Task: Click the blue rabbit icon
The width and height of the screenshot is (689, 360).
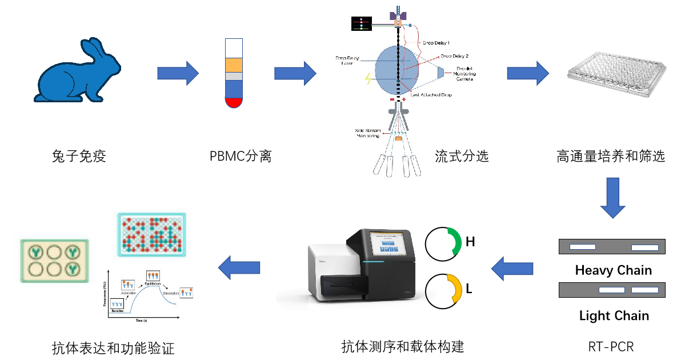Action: tap(77, 71)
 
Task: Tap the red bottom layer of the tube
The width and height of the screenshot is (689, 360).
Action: tap(234, 103)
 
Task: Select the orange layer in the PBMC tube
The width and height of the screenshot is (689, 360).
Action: tap(234, 65)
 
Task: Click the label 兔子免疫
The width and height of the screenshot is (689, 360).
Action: tap(79, 155)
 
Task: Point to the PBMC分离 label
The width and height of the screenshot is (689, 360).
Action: tap(240, 155)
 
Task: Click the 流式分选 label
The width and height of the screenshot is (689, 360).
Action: tap(462, 155)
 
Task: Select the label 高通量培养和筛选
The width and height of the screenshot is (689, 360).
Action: tap(611, 155)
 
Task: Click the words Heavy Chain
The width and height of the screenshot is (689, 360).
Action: tap(613, 270)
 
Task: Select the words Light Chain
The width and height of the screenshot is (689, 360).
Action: tap(614, 315)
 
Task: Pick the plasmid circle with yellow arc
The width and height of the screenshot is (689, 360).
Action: tap(443, 290)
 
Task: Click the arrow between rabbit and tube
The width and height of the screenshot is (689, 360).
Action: tap(178, 73)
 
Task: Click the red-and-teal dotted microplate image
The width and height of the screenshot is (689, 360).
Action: tap(151, 234)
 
